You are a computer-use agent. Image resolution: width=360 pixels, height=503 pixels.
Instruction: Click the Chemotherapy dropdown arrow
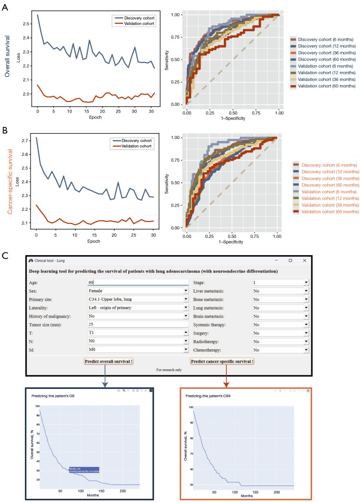(306, 350)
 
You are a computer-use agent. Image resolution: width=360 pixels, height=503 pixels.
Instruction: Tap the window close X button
(305, 260)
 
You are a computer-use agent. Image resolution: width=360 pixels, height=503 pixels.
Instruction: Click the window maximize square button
(290, 260)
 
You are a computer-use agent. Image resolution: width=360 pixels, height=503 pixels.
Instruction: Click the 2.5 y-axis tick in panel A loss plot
(27, 24)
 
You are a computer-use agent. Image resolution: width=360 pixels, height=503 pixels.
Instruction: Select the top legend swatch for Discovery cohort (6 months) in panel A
(293, 39)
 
